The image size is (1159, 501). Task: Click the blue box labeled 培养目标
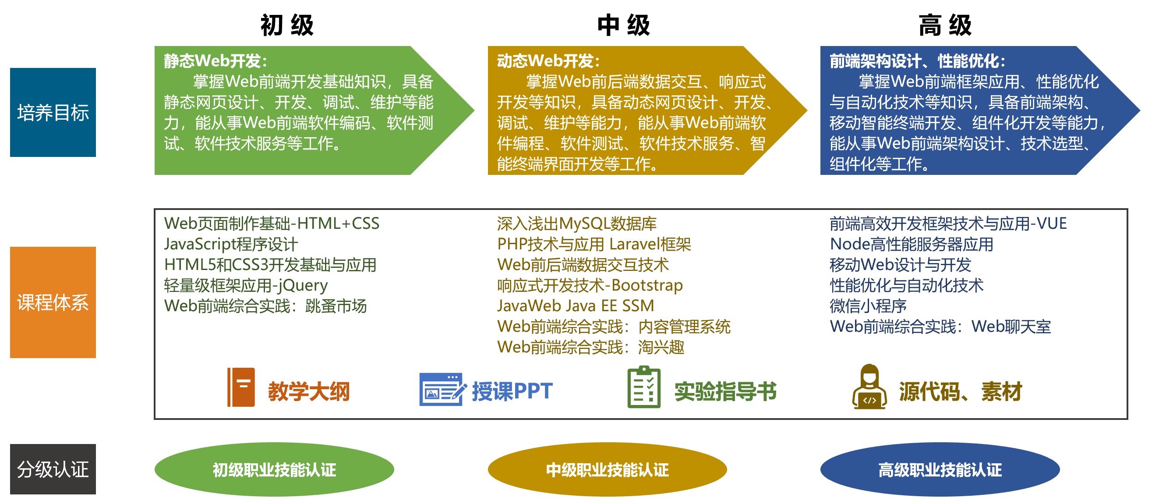[53, 113]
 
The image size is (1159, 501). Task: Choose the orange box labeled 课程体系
[53, 302]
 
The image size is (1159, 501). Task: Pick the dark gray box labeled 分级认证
[53, 469]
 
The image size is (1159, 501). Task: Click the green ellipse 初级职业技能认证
[274, 469]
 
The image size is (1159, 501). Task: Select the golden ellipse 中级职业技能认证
[607, 469]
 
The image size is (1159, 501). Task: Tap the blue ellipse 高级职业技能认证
[940, 469]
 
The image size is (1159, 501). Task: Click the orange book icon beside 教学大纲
[241, 387]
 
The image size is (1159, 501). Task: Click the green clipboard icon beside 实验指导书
[644, 387]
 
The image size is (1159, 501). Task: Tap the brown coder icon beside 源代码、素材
[869, 387]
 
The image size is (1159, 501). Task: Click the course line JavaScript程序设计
[231, 245]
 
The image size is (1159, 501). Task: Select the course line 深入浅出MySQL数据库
[576, 224]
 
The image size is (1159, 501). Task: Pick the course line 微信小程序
[868, 306]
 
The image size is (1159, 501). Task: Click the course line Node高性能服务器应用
[911, 245]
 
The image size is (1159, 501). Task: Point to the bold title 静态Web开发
[215, 61]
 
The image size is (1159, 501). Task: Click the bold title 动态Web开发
[548, 61]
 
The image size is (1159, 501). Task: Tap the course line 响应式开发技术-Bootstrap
[590, 285]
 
